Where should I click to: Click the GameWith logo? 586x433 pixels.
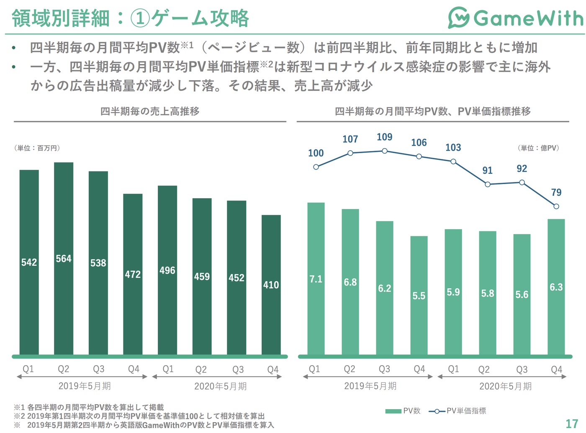(515, 18)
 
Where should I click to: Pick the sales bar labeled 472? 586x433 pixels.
(133, 274)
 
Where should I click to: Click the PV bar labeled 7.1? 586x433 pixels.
(316, 279)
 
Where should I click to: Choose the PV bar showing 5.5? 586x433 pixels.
(419, 295)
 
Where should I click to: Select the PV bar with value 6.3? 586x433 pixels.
(556, 287)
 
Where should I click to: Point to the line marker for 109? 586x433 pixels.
(385, 151)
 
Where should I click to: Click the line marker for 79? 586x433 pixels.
(556, 206)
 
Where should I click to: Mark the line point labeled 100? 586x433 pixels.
(316, 167)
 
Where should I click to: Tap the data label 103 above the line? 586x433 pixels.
(453, 148)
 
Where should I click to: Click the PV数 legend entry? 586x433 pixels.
(403, 411)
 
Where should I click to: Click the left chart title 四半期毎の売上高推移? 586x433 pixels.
(150, 111)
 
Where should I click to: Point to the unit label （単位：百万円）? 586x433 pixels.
(38, 148)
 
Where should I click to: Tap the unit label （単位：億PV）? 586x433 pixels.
(538, 148)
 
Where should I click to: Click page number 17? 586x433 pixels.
(572, 423)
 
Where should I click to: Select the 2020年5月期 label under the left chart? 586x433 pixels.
(220, 386)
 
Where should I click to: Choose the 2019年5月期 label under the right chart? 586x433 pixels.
(370, 386)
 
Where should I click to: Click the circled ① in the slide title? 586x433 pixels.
(140, 19)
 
